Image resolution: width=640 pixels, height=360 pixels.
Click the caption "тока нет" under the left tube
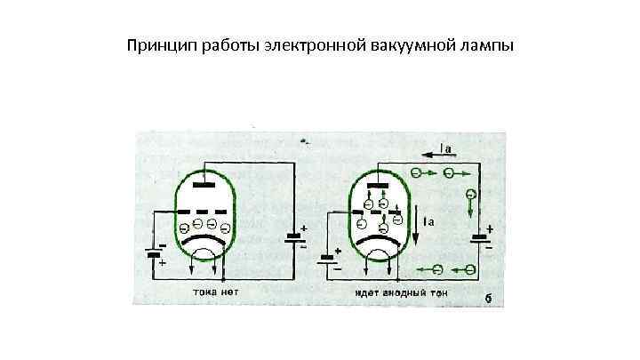pyautogui.click(x=214, y=291)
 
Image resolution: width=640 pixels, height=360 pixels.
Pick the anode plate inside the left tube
pyautogui.click(x=204, y=187)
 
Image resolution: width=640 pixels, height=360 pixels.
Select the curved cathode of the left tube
pyautogui.click(x=204, y=241)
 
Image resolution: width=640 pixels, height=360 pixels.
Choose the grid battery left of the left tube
pyautogui.click(x=156, y=253)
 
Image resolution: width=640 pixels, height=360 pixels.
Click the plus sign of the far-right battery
pyautogui.click(x=490, y=228)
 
